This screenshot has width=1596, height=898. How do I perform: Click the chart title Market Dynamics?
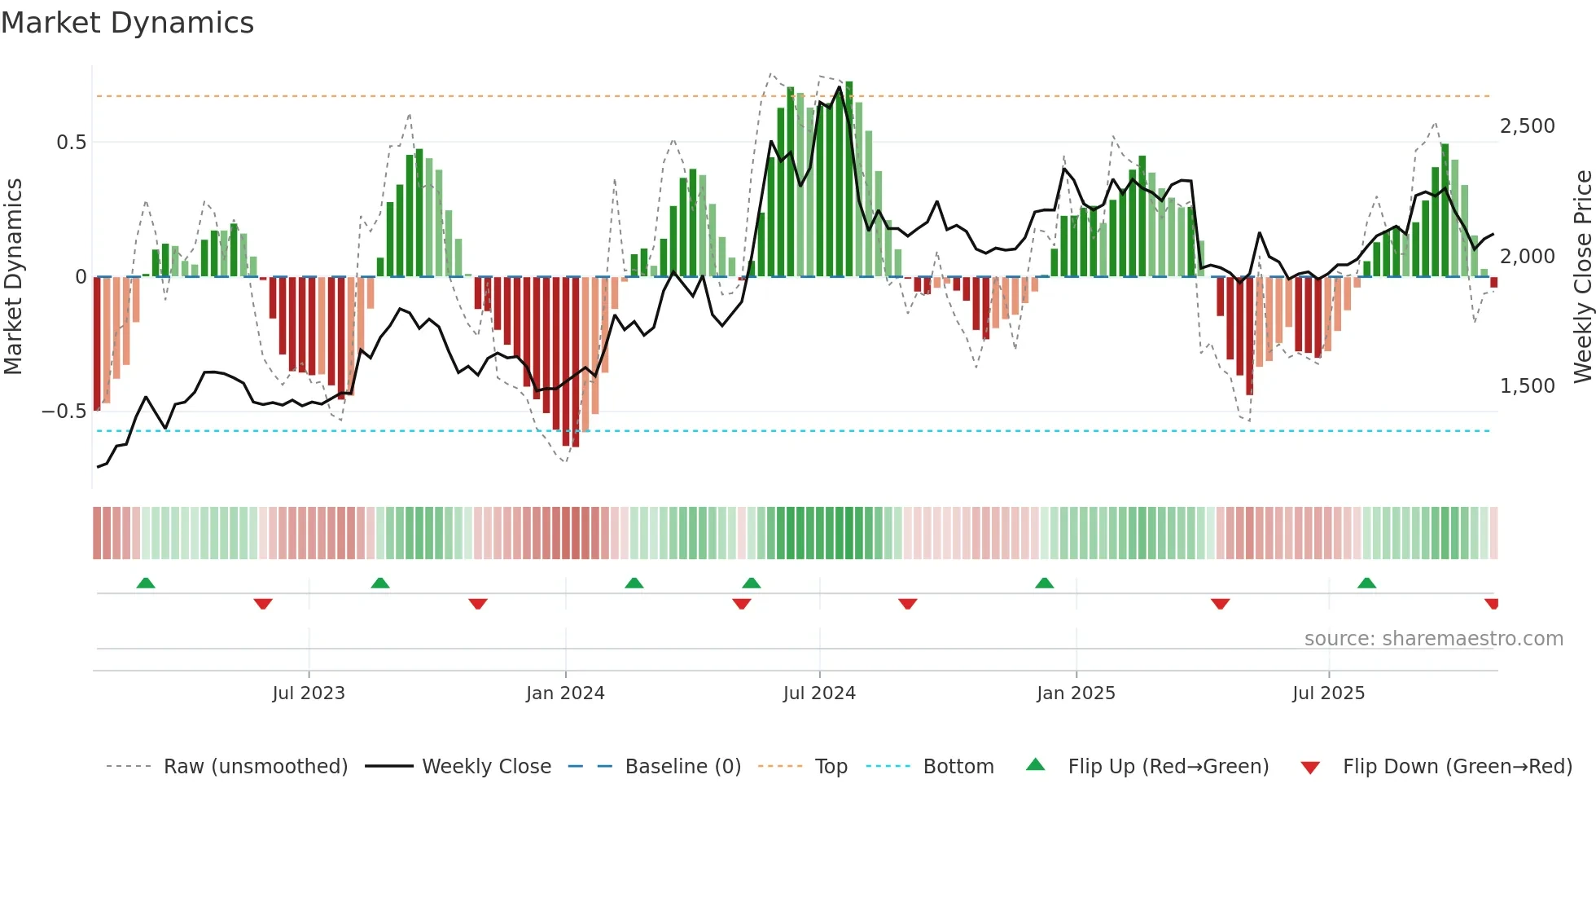pos(128,23)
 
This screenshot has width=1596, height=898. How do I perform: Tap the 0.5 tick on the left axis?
pos(71,143)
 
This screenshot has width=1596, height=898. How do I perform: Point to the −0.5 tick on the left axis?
pos(64,412)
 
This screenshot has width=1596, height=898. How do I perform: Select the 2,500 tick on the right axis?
pos(1527,126)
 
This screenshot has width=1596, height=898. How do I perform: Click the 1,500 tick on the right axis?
pos(1527,386)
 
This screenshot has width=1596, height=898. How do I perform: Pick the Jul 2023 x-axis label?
pos(309,693)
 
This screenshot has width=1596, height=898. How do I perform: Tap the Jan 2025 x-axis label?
pos(1076,693)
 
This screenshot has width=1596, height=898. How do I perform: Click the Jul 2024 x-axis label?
pos(819,693)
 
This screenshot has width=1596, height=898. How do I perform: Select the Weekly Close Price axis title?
pos(1582,277)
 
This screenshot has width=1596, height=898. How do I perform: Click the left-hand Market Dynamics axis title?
pos(13,277)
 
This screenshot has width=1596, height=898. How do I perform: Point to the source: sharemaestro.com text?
pos(1433,639)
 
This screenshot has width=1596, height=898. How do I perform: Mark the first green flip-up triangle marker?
pos(146,583)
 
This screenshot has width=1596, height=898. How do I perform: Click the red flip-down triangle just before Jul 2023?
pos(263,604)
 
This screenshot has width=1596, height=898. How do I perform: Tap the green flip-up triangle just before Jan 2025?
pos(1045,583)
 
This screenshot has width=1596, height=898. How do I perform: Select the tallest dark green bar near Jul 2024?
pos(849,179)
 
